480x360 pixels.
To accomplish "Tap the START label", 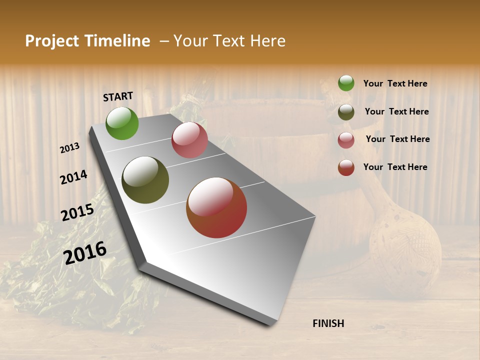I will [x=118, y=96].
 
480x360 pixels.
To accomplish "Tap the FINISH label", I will [x=328, y=323].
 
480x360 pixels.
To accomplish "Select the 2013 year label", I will [x=69, y=148].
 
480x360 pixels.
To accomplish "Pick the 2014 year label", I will [x=73, y=177].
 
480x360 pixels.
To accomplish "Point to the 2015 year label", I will [x=77, y=212].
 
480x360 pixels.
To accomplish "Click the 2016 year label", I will [x=85, y=252].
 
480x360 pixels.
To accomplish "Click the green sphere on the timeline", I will [x=122, y=123].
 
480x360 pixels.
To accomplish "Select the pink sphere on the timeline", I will [x=189, y=140].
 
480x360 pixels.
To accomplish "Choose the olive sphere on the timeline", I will [x=145, y=180].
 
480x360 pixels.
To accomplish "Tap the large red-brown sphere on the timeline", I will [x=216, y=207].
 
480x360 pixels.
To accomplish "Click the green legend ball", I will [x=346, y=83].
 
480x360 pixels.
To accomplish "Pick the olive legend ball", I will [x=346, y=112].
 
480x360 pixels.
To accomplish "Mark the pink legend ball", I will [x=346, y=140].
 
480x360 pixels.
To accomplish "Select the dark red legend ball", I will [x=346, y=167].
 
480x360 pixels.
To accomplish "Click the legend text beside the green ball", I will [x=395, y=84].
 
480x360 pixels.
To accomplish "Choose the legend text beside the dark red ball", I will [x=395, y=167].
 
